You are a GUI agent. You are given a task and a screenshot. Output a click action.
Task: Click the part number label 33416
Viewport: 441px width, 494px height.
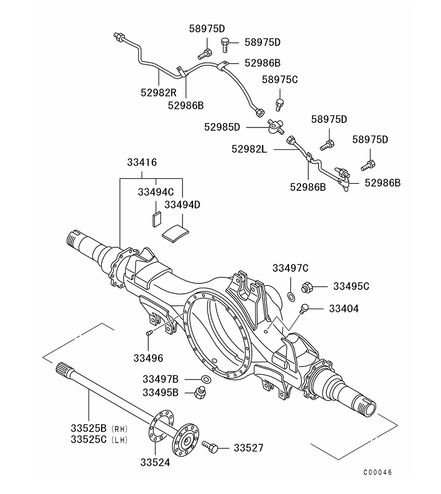pos(142,162)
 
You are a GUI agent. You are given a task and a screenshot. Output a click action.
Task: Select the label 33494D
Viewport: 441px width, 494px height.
pos(183,205)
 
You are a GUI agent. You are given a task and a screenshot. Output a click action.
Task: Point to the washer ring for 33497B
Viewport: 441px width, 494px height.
pos(207,379)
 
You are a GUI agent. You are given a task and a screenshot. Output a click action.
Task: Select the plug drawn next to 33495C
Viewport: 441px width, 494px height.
pos(308,286)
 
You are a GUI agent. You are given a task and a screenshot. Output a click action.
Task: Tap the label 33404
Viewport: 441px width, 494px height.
pos(344,309)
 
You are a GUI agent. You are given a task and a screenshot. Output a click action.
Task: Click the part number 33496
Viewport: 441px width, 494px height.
pos(148,358)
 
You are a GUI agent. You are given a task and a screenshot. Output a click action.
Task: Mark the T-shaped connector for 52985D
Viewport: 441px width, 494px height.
pos(274,126)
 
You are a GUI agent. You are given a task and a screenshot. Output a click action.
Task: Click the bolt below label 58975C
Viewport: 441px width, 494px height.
pos(280,103)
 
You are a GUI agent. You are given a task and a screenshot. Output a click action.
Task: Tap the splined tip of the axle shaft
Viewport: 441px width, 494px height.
pos(63,371)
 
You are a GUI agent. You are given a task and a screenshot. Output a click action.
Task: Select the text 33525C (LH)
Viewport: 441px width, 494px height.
pos(99,439)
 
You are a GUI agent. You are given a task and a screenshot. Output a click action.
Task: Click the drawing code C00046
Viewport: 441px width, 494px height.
pos(378,472)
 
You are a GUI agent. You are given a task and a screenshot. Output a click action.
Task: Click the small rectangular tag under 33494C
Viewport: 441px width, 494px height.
pos(155,218)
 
